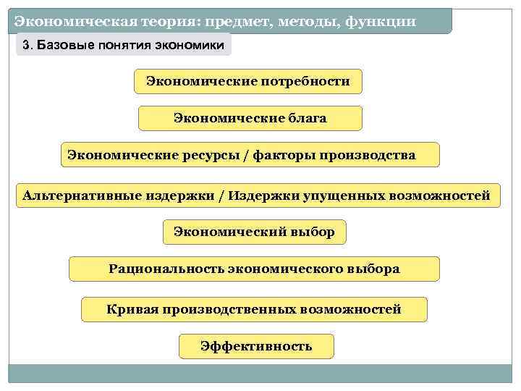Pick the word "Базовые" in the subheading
pyautogui.click(x=61, y=46)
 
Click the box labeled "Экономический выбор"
pyautogui.click(x=254, y=232)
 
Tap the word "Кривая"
pyautogui.click(x=132, y=310)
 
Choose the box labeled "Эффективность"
pyautogui.click(x=256, y=346)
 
